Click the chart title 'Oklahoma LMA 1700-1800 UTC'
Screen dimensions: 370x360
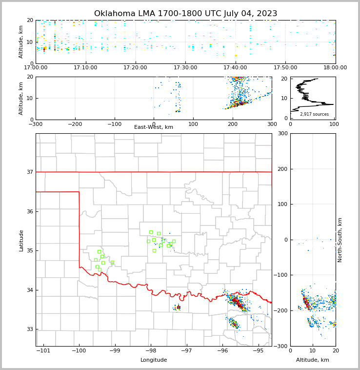(x=185, y=14)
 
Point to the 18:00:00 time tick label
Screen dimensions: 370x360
(x=335, y=67)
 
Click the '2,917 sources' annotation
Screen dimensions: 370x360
(x=314, y=114)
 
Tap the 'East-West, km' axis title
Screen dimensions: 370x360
(x=154, y=127)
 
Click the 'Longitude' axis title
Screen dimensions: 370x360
(x=154, y=360)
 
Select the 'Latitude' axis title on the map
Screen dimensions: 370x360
(x=21, y=240)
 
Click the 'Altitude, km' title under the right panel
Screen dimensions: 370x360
(x=313, y=360)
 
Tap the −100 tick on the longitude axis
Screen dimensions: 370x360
(x=79, y=350)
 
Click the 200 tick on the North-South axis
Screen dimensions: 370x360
(x=282, y=169)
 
